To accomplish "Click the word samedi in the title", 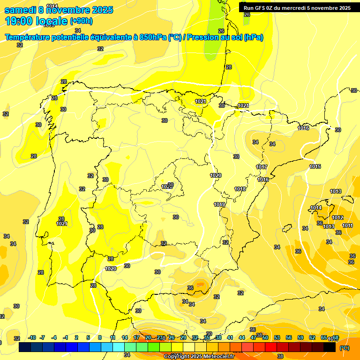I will pos(20,10).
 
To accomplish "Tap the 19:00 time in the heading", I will pos(20,21).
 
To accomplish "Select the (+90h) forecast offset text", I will pos(81,21).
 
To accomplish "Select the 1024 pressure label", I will pos(243,106).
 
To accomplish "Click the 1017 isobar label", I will pos(262,167).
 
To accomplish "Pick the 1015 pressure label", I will pos(315,166).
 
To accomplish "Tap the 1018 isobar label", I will pos(240,189).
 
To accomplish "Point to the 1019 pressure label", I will pos(220,204).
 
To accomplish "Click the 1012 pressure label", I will pos(337,218).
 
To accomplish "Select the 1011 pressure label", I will pos(347,225).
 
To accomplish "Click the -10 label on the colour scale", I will pos(32,337).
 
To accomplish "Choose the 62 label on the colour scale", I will pos(312,337).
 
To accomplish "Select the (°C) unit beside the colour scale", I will pos(345,348).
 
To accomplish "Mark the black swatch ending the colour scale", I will pos(330,347).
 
